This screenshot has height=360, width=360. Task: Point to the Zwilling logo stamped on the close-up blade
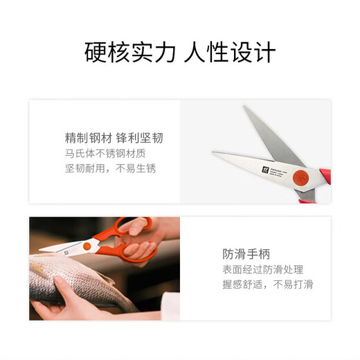coord(264,168)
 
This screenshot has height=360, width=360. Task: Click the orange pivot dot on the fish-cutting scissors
coord(87,245)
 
